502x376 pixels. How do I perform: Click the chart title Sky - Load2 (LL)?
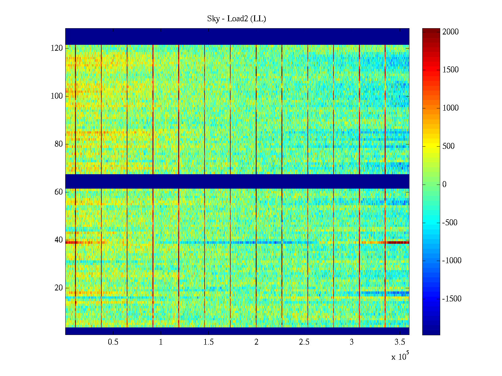point(237,19)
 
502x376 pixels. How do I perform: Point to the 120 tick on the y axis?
point(57,48)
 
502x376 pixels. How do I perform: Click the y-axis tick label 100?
point(57,96)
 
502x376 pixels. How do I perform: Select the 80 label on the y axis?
point(59,144)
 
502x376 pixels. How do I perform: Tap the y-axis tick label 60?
point(59,192)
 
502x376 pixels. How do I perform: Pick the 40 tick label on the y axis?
point(59,240)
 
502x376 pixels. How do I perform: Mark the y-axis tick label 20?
point(59,288)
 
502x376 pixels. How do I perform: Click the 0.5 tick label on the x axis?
point(113,342)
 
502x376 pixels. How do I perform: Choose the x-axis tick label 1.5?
point(209,342)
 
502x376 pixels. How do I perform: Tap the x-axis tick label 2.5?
point(304,342)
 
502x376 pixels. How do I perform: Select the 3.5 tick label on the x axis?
point(400,342)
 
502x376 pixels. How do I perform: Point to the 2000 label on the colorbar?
point(450,32)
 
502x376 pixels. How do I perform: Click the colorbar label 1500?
point(450,70)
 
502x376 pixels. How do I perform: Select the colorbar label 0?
point(444,184)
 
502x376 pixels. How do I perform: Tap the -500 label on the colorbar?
point(450,222)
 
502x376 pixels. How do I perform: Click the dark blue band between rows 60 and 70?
point(237,181)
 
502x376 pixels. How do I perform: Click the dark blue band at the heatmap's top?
point(237,36)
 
